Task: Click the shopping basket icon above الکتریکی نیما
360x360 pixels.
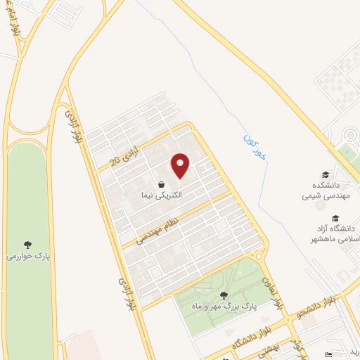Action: tap(162, 184)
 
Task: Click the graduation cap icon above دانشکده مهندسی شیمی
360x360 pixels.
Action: tap(325, 174)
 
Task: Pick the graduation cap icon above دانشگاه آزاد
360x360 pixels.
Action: tap(336, 218)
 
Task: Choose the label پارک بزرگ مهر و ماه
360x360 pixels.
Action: tap(224, 307)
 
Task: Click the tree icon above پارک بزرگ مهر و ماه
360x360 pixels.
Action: tap(224, 295)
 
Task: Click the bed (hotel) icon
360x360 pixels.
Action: tap(328, 355)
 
